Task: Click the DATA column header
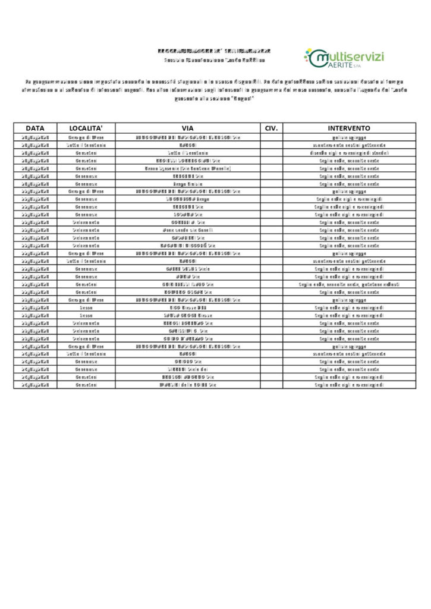[x=35, y=128]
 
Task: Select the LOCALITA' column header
[x=86, y=128]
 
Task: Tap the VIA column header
[x=188, y=128]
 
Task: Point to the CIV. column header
[x=271, y=128]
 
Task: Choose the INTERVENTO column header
[x=349, y=128]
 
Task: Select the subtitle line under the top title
[x=215, y=60]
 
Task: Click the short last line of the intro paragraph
[x=215, y=98]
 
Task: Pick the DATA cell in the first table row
[x=35, y=137]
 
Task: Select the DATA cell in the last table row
[x=35, y=385]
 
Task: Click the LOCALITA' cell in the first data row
[x=86, y=137]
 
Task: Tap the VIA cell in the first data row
[x=188, y=137]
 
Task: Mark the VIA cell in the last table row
[x=188, y=385]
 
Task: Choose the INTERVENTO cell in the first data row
[x=349, y=137]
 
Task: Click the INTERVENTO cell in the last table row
[x=349, y=385]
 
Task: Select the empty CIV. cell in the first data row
[x=271, y=137]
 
